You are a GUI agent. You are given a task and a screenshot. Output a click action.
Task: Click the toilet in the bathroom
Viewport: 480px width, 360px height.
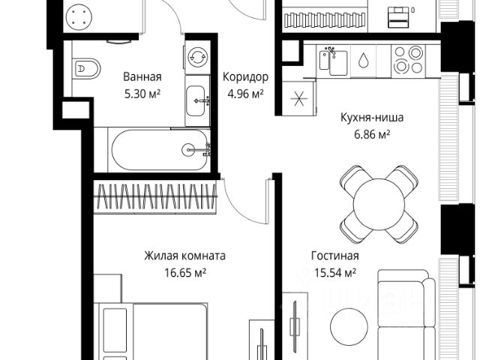tap(87, 69)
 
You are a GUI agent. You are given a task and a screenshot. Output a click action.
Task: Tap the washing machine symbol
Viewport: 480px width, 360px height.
tap(198, 57)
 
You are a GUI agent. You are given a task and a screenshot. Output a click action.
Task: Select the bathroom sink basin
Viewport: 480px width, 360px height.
tap(196, 100)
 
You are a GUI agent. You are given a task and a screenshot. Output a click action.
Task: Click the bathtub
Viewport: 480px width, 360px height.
tap(160, 150)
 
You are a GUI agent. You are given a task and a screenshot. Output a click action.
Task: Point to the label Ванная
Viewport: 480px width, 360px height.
tap(142, 76)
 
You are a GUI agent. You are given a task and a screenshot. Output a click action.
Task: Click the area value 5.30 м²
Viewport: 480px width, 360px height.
tap(142, 94)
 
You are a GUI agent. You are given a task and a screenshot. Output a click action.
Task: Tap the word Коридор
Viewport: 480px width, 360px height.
tap(245, 76)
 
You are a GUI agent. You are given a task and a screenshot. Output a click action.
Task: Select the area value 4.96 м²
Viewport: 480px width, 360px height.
tap(245, 94)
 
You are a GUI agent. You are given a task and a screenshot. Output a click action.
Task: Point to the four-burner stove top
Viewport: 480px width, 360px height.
tap(408, 60)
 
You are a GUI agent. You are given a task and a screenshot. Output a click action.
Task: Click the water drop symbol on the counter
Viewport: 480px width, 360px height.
tap(364, 60)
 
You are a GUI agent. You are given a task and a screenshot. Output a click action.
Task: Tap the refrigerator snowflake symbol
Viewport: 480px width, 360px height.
tap(298, 98)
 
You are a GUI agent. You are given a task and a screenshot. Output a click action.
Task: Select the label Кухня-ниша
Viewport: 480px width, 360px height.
tap(372, 117)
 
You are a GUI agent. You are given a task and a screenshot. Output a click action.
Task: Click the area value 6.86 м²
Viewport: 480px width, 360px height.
tap(372, 134)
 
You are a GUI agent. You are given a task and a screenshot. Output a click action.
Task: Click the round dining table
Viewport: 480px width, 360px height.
tap(379, 204)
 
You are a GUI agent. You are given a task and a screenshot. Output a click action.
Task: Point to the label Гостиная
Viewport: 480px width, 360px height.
tap(335, 256)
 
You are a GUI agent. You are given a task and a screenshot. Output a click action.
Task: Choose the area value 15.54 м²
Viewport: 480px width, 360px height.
tap(335, 272)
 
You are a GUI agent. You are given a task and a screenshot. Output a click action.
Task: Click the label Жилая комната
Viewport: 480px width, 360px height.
tap(185, 256)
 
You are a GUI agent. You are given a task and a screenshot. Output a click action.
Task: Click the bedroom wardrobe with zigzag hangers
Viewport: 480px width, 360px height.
tap(155, 196)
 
